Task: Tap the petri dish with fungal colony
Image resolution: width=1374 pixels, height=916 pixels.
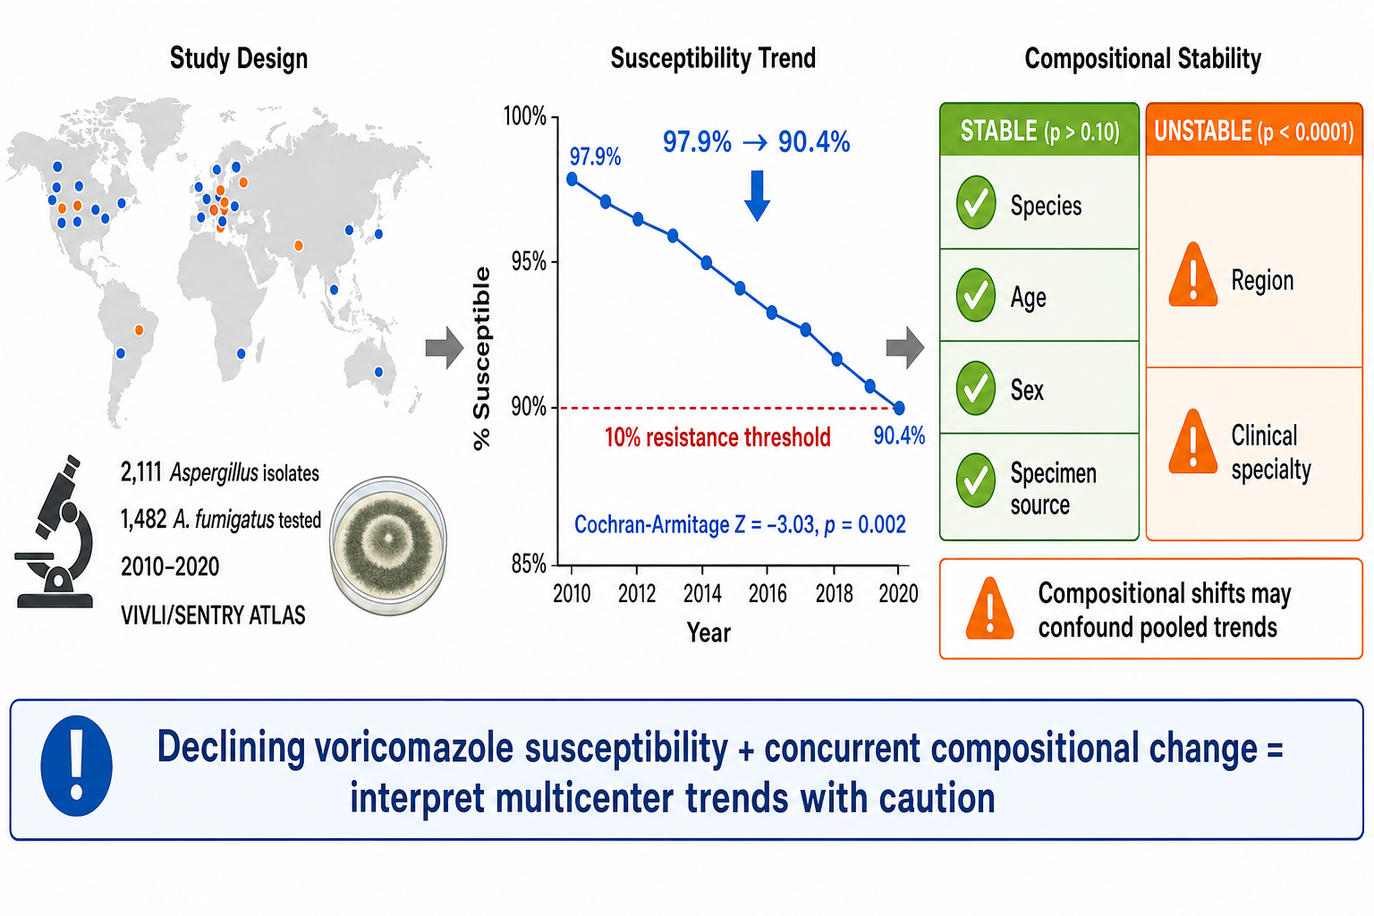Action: point(388,545)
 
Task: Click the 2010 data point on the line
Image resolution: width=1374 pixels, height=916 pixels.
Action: point(572,179)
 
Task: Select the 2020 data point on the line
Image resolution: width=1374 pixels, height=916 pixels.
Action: point(899,407)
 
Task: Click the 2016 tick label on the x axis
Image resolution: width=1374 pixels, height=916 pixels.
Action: point(768,593)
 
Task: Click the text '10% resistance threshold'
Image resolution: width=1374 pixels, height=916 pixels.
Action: point(717,437)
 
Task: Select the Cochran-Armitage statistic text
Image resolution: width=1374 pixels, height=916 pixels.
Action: point(740,524)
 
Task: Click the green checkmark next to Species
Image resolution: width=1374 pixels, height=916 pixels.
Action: point(975,202)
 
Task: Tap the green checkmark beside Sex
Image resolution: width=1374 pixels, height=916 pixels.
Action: point(975,387)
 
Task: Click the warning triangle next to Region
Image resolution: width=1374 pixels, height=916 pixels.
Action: point(1193,276)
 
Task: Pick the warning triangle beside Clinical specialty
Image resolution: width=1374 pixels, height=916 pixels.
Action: point(1193,443)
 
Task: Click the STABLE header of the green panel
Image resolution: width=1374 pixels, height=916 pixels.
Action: point(1039,130)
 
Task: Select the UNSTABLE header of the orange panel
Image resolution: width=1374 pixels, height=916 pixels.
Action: point(1254,130)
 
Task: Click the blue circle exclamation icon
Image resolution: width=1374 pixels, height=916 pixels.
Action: point(77,766)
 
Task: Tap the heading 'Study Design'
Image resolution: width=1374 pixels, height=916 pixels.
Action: point(239,59)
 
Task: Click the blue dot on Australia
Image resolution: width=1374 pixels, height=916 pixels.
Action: point(378,372)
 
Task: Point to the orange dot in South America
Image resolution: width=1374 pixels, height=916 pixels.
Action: point(140,330)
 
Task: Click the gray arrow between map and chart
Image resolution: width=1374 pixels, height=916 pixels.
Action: point(445,348)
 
